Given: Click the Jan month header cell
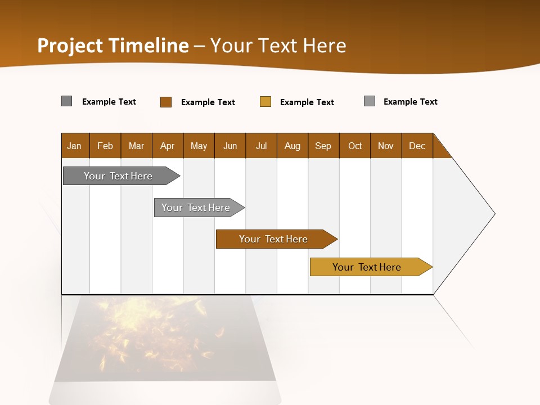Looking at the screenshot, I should click(x=75, y=146).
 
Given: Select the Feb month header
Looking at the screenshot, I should click(x=105, y=146).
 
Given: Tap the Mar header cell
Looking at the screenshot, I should click(x=136, y=146).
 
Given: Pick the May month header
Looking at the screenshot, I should click(x=199, y=146).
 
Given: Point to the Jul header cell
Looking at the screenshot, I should click(x=261, y=146).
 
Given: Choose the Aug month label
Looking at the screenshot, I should click(x=292, y=146).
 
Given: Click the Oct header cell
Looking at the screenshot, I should click(x=354, y=146).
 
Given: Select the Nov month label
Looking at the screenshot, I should click(x=386, y=146).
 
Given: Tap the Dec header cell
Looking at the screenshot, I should click(x=417, y=146).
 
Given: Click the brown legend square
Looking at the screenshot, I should click(x=166, y=102).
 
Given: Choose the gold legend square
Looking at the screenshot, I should click(x=265, y=102).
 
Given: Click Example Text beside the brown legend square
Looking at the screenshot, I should click(x=208, y=102).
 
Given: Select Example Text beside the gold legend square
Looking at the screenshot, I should click(x=307, y=102).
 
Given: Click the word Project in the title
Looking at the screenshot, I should click(x=70, y=46).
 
